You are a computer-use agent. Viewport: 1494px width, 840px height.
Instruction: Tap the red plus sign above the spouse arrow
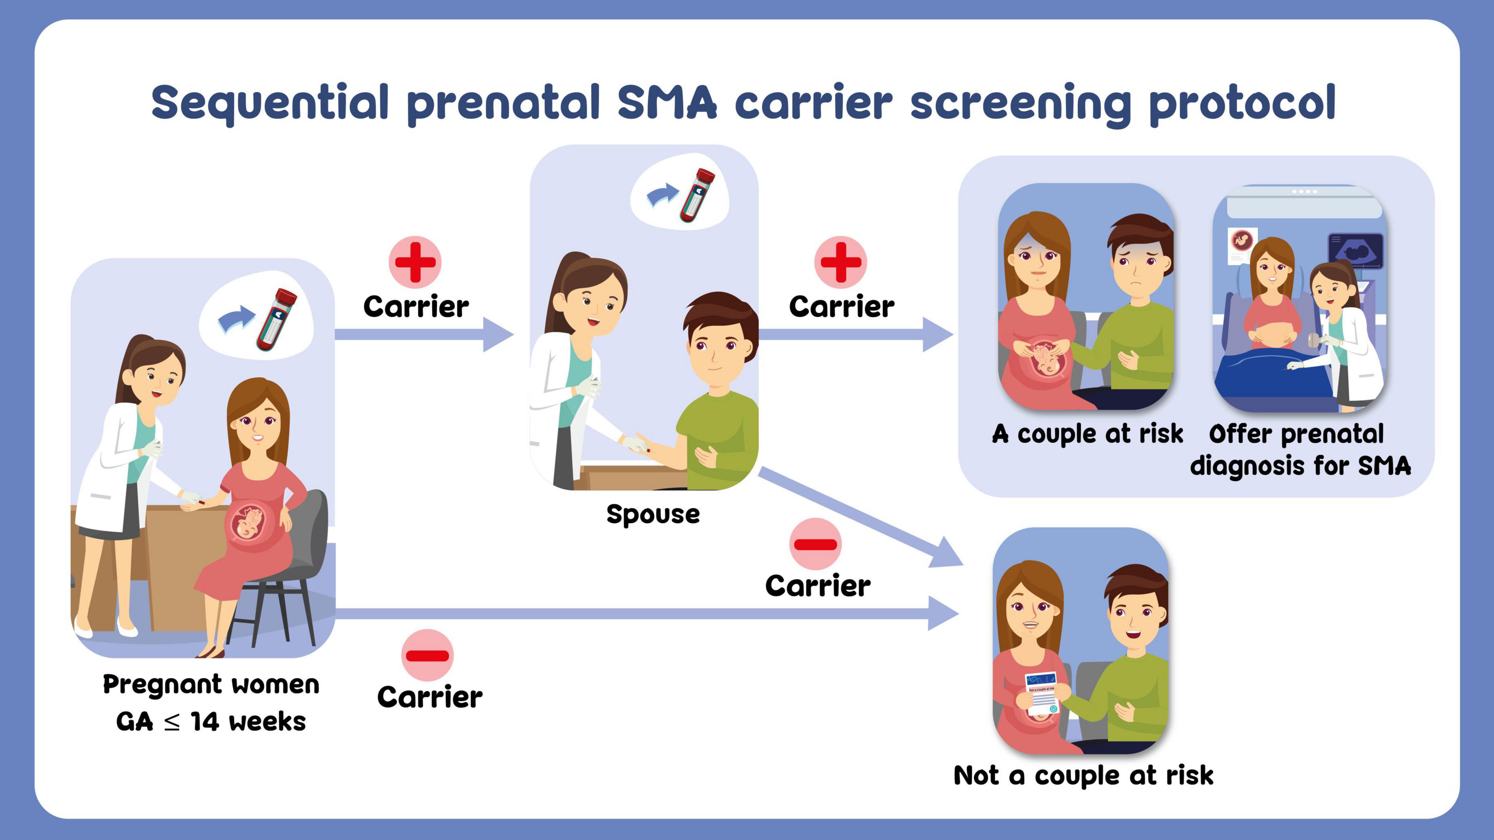pos(415,262)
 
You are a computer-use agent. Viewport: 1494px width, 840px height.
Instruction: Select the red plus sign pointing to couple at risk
pos(841,262)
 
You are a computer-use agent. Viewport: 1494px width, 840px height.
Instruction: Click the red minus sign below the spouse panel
pos(815,544)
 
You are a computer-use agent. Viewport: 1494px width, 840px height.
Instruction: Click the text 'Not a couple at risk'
pos(1083,776)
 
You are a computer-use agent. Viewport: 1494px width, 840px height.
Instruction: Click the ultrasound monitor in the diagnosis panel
pos(1355,251)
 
